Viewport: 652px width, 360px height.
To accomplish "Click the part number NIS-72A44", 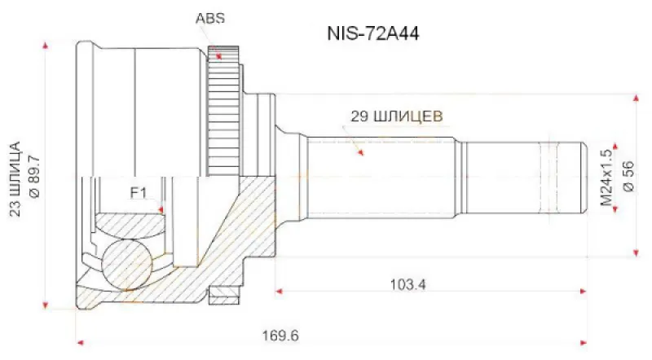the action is [373, 33].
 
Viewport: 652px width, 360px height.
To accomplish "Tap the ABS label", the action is [210, 18].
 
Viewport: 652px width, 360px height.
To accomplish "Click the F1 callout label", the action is [139, 193].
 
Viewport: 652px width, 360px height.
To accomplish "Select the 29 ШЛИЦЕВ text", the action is [397, 116].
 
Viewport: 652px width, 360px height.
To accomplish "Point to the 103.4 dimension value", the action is [408, 285].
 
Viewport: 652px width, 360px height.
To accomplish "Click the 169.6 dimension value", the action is [280, 335].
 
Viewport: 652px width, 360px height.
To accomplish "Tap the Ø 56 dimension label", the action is [628, 176].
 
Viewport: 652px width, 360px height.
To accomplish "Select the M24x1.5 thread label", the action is [607, 178].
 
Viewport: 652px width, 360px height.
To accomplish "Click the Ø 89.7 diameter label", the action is [34, 176].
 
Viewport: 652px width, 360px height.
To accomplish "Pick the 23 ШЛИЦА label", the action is [15, 179].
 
